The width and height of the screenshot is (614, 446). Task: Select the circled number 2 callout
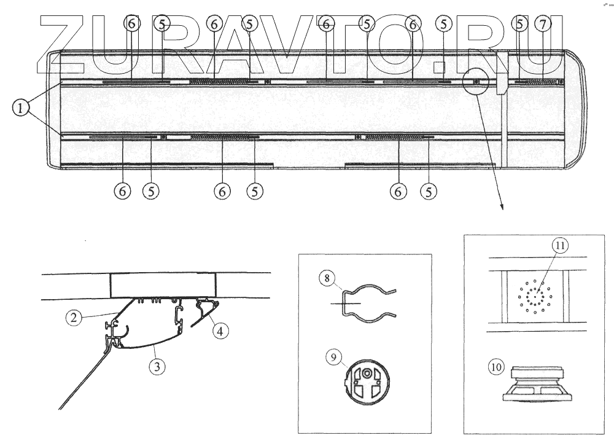(x=74, y=318)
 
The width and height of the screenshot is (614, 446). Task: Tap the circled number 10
(x=496, y=368)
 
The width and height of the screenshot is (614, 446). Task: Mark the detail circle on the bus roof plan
(x=476, y=81)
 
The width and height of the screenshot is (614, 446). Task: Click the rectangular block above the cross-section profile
(x=164, y=284)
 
